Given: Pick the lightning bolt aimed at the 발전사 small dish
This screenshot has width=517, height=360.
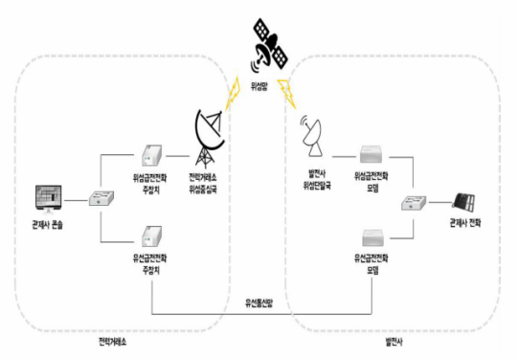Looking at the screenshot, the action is coord(286,93).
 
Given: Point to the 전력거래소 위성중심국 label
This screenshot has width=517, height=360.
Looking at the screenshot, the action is coord(210,181).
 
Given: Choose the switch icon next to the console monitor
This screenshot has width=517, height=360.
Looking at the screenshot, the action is coord(101,200).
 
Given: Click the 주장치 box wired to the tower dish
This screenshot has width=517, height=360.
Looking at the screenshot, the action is coord(150,156).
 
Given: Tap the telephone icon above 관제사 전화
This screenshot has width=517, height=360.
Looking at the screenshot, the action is coord(468,203).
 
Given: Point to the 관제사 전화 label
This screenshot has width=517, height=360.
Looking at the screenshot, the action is coord(468,224).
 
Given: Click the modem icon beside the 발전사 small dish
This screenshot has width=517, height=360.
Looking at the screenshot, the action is coord(371,156).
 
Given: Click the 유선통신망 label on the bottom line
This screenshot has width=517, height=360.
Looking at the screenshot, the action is coord(259,304).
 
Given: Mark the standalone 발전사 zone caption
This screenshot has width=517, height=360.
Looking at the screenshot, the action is coord(394,340).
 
